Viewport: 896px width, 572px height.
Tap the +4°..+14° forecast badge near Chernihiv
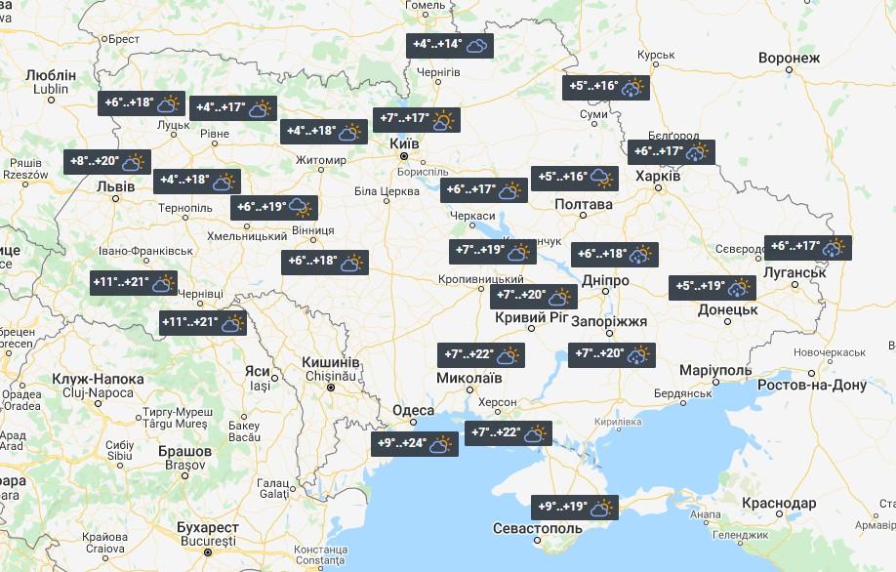click(450, 46)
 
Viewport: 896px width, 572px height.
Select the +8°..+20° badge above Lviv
click(106, 162)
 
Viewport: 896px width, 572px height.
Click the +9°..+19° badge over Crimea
click(577, 508)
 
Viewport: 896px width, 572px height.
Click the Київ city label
click(404, 143)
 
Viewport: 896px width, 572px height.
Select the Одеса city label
click(413, 411)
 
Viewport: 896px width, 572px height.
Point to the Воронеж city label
click(789, 59)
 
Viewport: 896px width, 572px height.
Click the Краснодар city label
click(779, 503)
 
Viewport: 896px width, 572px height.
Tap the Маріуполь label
click(715, 371)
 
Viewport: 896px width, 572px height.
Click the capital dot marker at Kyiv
click(403, 156)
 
